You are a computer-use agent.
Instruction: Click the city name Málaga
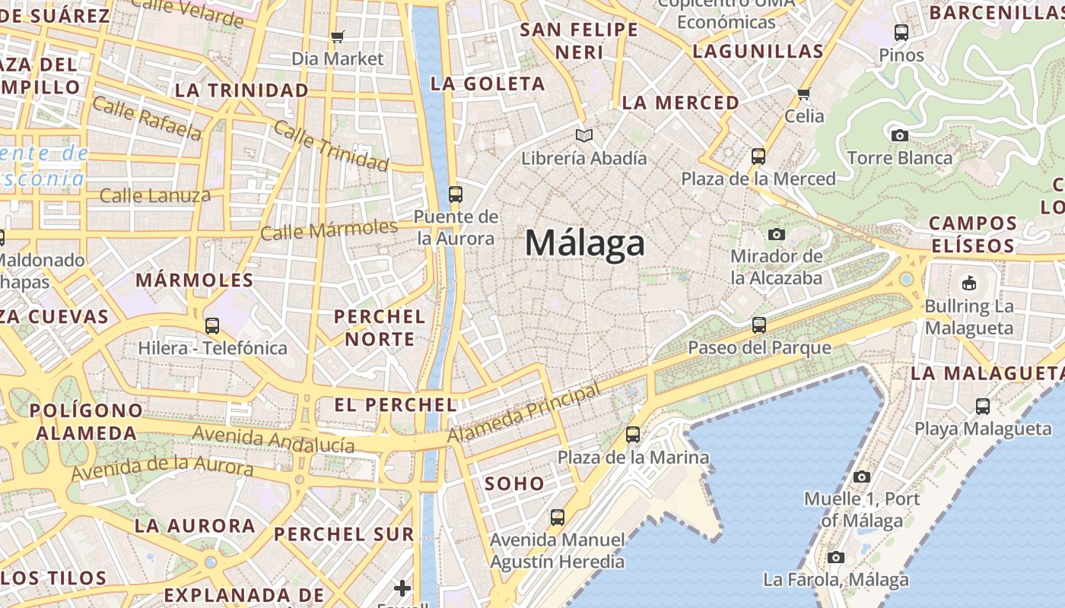585,244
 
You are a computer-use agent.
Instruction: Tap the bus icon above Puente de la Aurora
456,195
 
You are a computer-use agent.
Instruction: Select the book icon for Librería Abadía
583,136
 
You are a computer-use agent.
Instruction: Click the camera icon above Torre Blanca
899,136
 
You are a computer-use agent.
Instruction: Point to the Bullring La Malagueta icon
968,283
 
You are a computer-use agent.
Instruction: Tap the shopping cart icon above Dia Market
338,36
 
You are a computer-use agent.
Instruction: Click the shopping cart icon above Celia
803,94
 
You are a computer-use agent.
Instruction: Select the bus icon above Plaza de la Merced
758,157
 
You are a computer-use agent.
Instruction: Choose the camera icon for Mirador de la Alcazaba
776,234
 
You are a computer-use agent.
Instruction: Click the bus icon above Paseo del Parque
758,325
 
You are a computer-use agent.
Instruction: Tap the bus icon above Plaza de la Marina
633,435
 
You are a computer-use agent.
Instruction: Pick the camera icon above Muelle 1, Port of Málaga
861,477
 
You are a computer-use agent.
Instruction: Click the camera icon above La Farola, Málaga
835,557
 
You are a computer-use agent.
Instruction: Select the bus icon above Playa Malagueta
983,407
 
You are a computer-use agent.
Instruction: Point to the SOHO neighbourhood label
514,483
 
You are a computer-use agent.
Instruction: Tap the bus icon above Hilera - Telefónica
212,326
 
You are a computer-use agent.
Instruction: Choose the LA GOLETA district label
488,84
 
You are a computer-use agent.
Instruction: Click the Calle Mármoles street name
329,230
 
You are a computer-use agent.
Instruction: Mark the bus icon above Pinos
901,33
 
